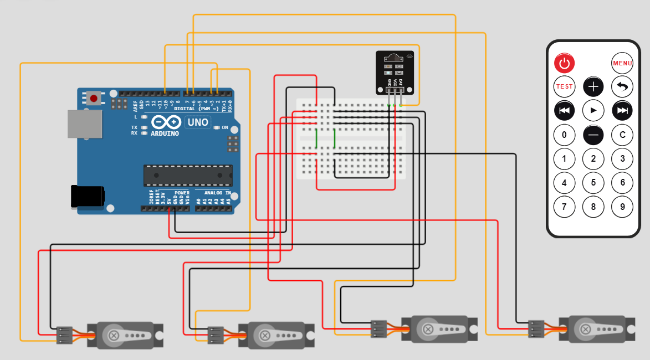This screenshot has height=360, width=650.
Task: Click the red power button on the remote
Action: (564, 63)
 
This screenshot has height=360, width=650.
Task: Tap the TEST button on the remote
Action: (564, 86)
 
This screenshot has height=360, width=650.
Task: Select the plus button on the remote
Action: (593, 86)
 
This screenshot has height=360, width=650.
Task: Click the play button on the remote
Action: (593, 110)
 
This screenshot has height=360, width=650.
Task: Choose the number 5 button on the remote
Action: (593, 182)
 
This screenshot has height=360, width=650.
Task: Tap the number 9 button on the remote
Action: (622, 207)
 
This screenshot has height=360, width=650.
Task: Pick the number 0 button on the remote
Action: (564, 135)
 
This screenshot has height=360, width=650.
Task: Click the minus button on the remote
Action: (593, 135)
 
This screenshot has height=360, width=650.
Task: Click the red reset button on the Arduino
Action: (94, 99)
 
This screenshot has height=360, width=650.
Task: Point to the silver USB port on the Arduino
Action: (84, 124)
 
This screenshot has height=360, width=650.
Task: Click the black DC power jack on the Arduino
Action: (87, 197)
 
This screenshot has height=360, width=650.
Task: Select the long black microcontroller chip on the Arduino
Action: (187, 175)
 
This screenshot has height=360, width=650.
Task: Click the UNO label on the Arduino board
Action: (197, 122)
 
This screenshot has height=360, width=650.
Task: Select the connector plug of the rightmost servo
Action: (536, 328)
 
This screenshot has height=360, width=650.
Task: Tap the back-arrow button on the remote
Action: (622, 86)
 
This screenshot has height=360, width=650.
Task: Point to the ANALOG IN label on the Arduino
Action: (217, 193)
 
